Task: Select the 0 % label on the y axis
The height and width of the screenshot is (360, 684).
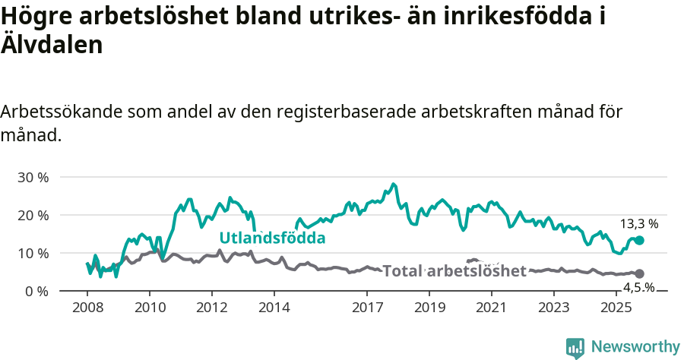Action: tap(36, 291)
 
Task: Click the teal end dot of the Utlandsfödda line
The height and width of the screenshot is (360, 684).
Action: tap(639, 240)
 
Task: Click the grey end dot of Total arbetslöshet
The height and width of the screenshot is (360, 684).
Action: tap(639, 273)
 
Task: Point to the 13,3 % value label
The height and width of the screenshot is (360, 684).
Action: tap(639, 224)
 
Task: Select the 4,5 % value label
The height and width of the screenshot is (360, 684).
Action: tap(639, 287)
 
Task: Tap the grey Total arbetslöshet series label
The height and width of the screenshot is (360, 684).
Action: tap(454, 271)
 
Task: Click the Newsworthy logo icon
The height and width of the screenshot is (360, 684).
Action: tap(575, 347)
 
